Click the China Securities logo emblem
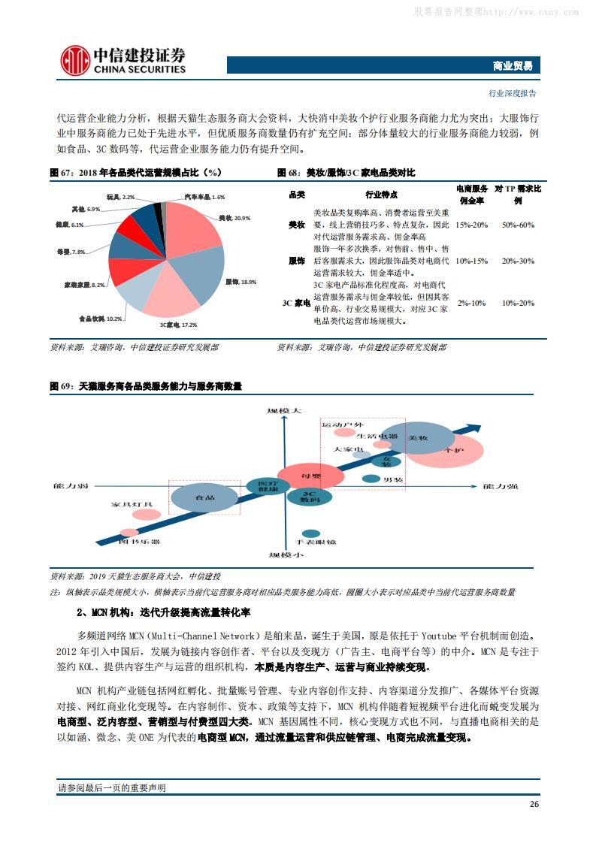[74, 61]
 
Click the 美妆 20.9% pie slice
[192, 225]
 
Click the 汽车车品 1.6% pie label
[204, 196]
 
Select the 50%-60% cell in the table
[518, 225]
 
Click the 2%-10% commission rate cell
[472, 303]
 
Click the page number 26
[534, 804]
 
